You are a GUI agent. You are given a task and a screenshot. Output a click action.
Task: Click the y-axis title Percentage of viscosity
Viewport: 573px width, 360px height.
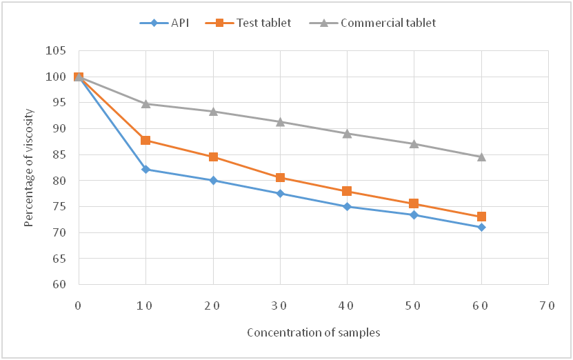(x=29, y=168)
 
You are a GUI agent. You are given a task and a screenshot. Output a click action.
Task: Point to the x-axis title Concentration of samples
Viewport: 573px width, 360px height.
(x=314, y=332)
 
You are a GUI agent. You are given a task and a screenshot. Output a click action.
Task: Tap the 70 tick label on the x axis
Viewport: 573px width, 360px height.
(x=548, y=305)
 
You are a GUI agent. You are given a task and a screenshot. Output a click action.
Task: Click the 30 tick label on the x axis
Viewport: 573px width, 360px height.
(x=280, y=305)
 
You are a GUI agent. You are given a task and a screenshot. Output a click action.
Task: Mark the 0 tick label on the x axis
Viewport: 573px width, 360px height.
(x=78, y=305)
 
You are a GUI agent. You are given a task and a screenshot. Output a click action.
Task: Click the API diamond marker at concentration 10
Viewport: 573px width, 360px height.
(x=145, y=169)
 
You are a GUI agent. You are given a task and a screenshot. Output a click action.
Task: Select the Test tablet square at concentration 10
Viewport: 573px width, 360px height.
(x=145, y=140)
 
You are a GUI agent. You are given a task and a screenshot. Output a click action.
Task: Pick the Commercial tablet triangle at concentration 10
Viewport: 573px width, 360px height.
(x=145, y=103)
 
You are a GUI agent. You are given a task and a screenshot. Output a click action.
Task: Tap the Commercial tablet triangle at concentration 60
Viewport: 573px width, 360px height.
(x=481, y=157)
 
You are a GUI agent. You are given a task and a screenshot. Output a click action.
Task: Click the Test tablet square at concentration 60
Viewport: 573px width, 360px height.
(x=481, y=217)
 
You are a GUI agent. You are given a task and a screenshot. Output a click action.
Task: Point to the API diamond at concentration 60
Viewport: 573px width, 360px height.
(x=481, y=227)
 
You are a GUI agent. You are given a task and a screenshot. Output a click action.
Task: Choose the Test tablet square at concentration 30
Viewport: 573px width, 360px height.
(x=280, y=177)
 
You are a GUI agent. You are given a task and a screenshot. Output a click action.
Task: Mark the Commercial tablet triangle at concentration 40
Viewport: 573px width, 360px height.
(x=347, y=133)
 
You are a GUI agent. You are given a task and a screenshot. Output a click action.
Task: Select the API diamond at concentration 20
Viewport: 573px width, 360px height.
(x=213, y=180)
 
